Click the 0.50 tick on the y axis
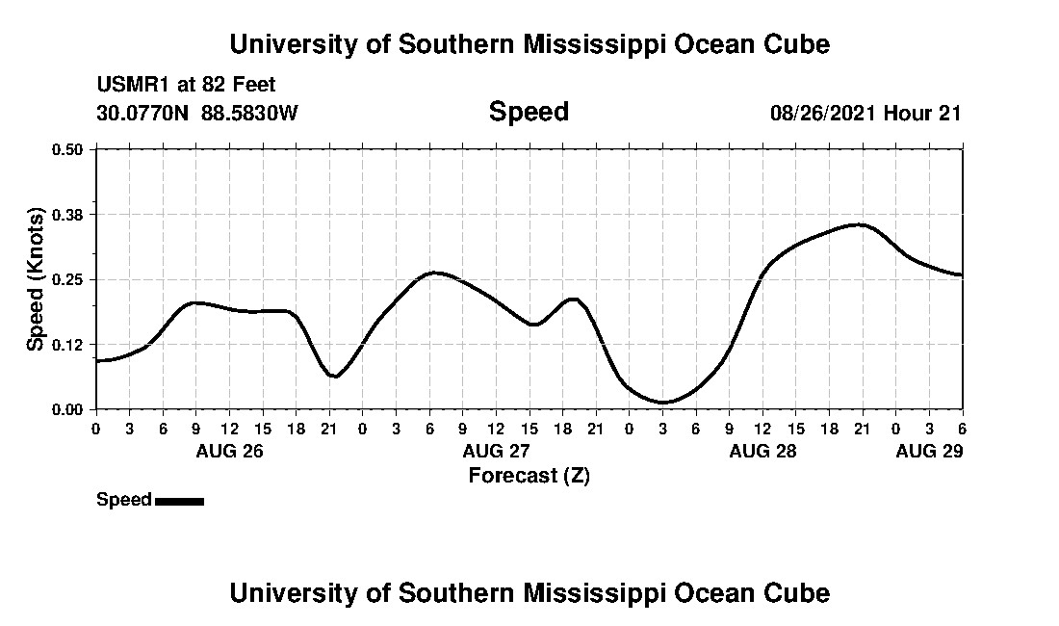click(x=69, y=149)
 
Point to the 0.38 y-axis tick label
click(x=69, y=214)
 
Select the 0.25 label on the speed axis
click(x=69, y=279)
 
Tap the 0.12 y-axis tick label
click(x=69, y=344)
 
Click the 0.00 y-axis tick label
click(x=69, y=409)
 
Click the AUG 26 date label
click(x=230, y=451)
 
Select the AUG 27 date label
click(x=497, y=451)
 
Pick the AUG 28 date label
click(x=763, y=451)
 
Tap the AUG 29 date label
click(x=929, y=451)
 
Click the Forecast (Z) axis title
click(x=529, y=475)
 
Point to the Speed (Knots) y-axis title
click(x=36, y=278)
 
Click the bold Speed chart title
click(x=529, y=112)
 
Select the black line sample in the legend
click(x=179, y=501)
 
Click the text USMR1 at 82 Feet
click(x=186, y=86)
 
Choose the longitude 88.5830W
click(x=250, y=113)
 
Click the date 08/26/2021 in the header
click(x=823, y=113)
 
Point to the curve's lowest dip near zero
click(x=662, y=402)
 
